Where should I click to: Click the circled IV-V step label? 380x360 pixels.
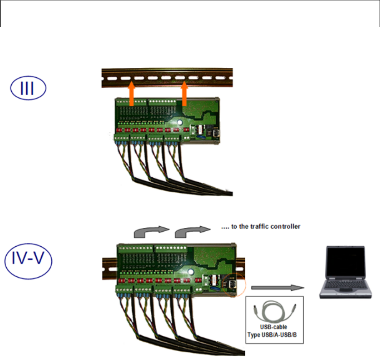pos(28,261)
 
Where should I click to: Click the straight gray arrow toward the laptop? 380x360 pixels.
pos(277,287)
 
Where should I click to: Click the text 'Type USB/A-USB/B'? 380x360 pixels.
pos(275,335)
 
